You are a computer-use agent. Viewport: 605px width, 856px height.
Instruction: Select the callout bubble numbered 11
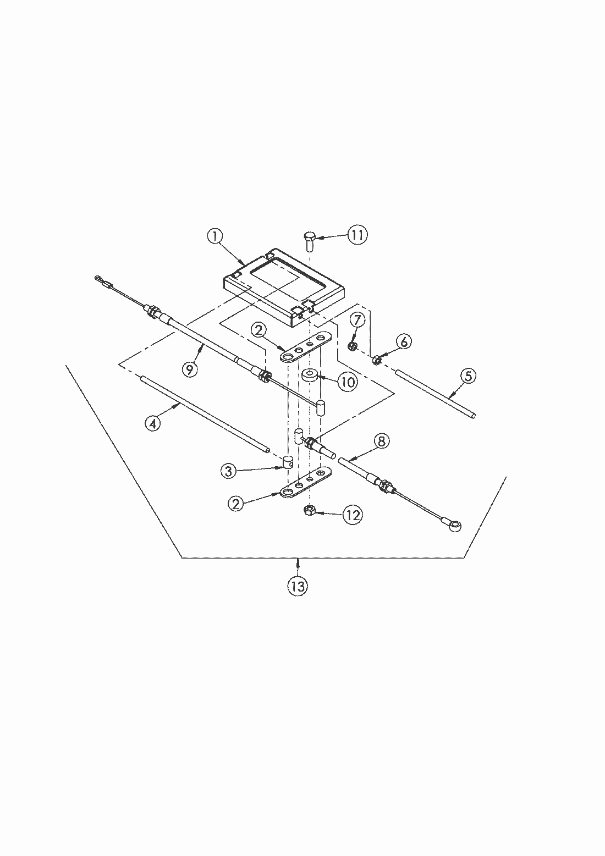point(357,235)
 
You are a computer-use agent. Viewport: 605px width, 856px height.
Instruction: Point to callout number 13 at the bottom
point(298,586)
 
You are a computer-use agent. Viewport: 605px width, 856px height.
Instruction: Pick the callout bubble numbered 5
point(468,376)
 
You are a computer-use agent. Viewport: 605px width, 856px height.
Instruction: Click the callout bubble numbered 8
point(381,440)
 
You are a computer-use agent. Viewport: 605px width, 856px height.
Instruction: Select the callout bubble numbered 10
point(346,381)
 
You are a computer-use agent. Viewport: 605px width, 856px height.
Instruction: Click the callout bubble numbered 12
point(352,515)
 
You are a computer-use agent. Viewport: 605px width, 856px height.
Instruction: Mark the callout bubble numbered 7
point(356,319)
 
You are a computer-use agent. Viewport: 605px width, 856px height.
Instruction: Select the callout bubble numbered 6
point(403,341)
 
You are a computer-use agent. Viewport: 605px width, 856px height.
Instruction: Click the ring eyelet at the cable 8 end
point(455,527)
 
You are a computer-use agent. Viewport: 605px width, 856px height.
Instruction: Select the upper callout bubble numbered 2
point(260,330)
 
